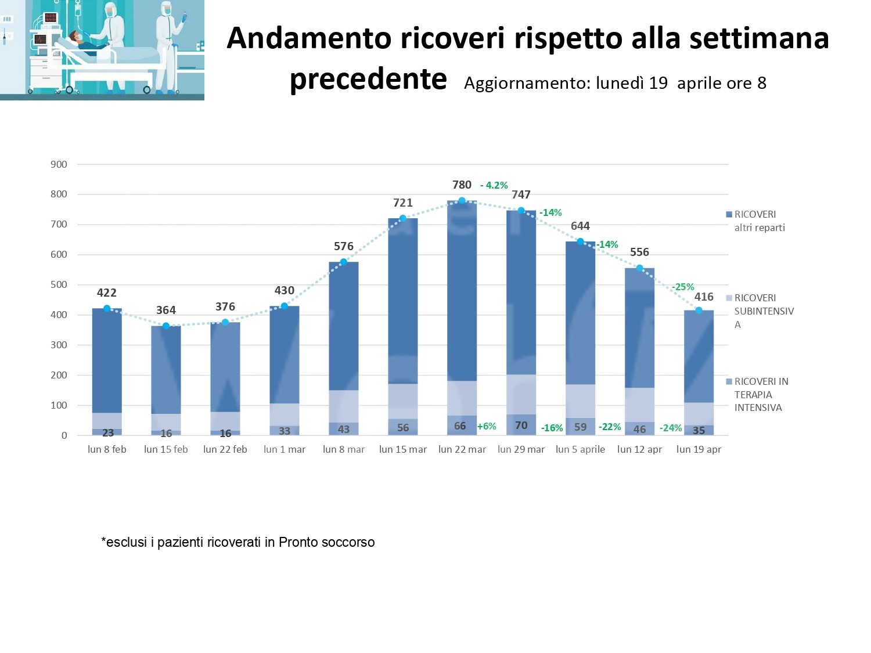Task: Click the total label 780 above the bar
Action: click(x=462, y=185)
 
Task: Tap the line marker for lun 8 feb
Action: click(x=107, y=308)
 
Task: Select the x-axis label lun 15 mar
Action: click(x=402, y=449)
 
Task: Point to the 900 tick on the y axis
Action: click(x=59, y=164)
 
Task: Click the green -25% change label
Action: click(x=683, y=287)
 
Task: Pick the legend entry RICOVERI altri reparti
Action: click(x=755, y=221)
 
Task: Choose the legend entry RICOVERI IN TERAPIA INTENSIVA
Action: click(x=760, y=394)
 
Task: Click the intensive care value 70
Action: click(x=521, y=425)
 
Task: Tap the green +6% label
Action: click(x=487, y=426)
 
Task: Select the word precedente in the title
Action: click(x=368, y=79)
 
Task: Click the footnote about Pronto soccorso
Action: click(x=238, y=542)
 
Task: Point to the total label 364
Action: click(x=165, y=310)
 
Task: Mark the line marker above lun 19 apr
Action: click(x=699, y=310)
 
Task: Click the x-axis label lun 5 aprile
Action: click(x=580, y=449)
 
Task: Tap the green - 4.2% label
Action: click(x=494, y=185)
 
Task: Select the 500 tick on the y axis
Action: click(x=59, y=284)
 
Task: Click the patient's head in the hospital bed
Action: click(x=74, y=37)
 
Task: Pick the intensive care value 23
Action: click(x=107, y=432)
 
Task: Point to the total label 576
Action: click(x=343, y=246)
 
